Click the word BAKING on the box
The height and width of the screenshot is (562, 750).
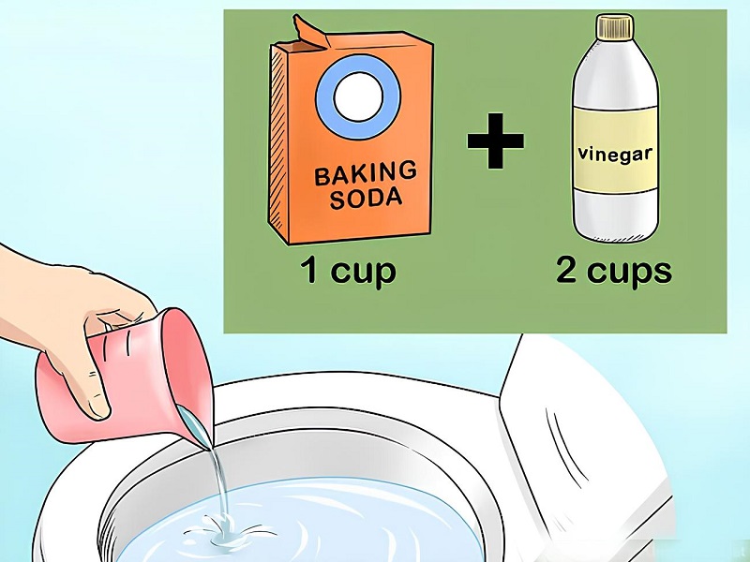[365, 173]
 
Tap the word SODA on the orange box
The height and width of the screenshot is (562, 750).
[366, 199]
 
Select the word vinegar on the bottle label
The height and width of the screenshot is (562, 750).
[615, 155]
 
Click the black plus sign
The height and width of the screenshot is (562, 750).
[496, 141]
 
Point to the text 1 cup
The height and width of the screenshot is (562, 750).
[348, 272]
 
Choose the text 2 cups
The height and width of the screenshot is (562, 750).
[614, 272]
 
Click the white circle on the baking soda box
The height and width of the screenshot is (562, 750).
[358, 97]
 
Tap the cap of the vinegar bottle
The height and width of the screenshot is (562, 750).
[615, 27]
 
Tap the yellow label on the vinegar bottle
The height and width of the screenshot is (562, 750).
[615, 148]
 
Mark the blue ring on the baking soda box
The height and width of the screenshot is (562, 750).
[358, 97]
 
